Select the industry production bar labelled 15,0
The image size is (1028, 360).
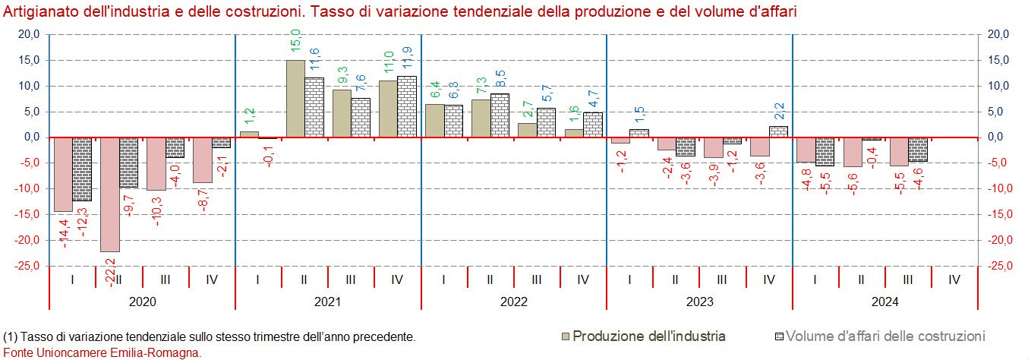point(295,99)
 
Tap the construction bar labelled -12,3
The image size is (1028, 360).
point(82,169)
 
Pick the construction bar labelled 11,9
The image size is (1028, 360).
point(407,106)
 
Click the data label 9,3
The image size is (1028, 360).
point(342,76)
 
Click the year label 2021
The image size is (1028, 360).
point(327,302)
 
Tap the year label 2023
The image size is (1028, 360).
point(699,302)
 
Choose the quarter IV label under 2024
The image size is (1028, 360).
point(954,279)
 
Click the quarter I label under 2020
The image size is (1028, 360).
point(72,279)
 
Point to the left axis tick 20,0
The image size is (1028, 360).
point(28,34)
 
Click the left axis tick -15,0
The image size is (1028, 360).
point(28,214)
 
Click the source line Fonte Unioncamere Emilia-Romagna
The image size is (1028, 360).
point(102,352)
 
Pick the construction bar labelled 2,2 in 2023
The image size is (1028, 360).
point(778,131)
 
